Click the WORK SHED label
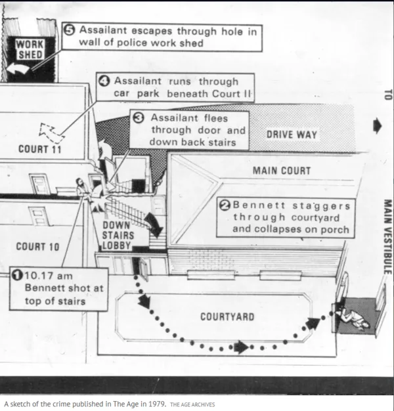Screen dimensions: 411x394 point(30,49)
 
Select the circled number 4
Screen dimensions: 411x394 point(104,81)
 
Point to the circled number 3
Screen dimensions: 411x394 point(139,118)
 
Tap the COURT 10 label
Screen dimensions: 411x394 point(38,247)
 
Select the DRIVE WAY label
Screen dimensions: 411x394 point(292,135)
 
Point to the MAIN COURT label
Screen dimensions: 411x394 point(282,171)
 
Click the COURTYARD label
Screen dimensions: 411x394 point(227,316)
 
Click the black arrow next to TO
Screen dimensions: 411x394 point(377,125)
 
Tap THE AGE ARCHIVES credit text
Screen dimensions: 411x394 point(192,404)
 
